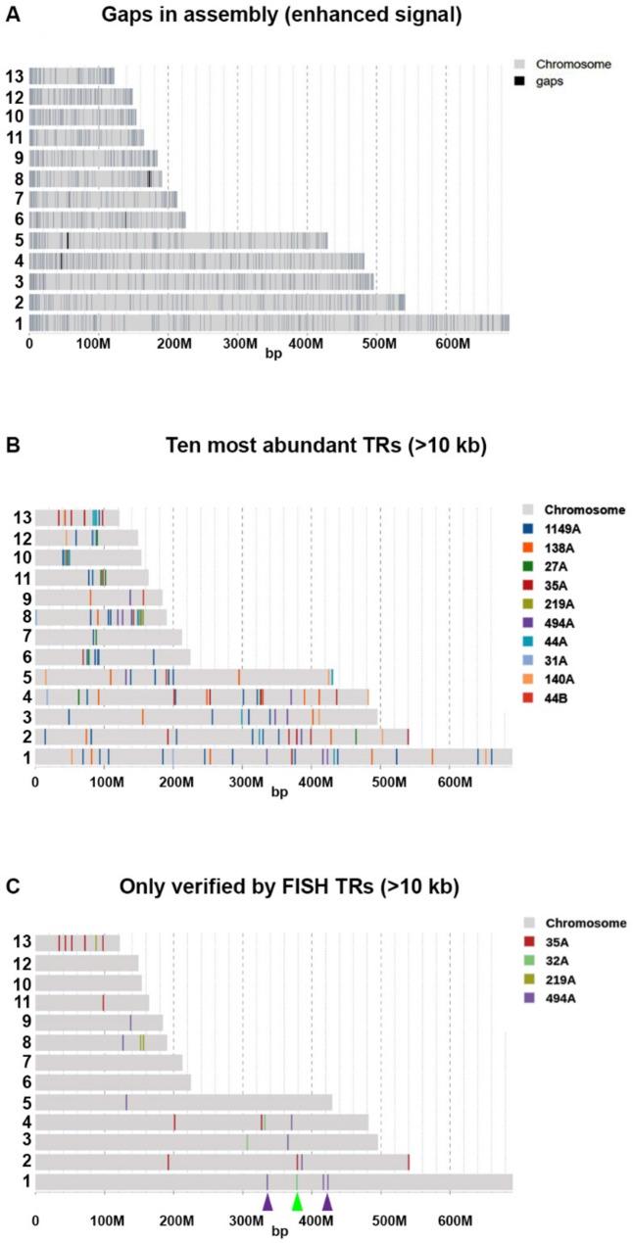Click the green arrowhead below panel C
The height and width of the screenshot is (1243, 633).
(297, 1202)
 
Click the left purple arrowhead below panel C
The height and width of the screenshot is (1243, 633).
(268, 1202)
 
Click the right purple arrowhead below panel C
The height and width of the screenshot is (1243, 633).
(327, 1202)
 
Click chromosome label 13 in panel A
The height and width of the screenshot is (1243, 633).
(14, 76)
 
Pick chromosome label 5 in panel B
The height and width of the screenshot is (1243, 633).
(22, 677)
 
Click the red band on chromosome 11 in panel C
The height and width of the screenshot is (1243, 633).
(103, 1003)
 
